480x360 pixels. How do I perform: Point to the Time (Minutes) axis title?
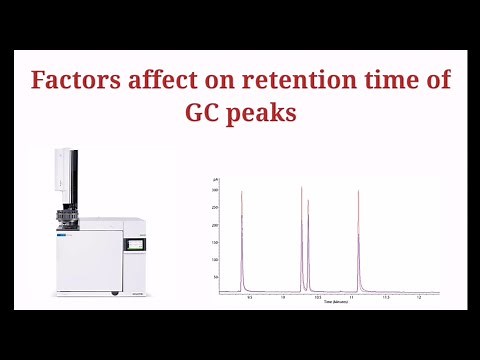(x=328, y=302)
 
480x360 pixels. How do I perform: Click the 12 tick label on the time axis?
(x=419, y=297)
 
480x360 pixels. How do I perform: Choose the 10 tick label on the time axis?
(x=283, y=297)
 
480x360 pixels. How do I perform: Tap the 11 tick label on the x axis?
(x=351, y=297)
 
